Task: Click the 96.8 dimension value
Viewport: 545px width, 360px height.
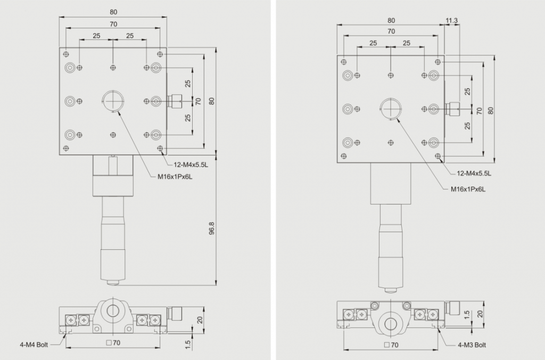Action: pyautogui.click(x=212, y=228)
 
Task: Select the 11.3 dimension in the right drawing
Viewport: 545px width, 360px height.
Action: pyautogui.click(x=451, y=21)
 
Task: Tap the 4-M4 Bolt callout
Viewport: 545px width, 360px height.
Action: pyautogui.click(x=34, y=345)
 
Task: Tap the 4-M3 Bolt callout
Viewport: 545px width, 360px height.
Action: pyautogui.click(x=472, y=345)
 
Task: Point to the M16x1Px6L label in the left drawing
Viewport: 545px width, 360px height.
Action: pyautogui.click(x=175, y=177)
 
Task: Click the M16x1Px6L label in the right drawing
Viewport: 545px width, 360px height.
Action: pyautogui.click(x=468, y=189)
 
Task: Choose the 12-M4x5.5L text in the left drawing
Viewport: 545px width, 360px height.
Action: pyautogui.click(x=191, y=165)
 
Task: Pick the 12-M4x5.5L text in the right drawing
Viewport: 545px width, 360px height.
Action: pyautogui.click(x=474, y=173)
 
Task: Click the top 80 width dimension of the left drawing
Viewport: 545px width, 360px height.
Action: pyautogui.click(x=113, y=12)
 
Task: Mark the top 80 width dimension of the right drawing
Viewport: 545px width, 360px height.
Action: pyautogui.click(x=391, y=21)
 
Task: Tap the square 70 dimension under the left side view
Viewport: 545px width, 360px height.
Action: pyautogui.click(x=113, y=343)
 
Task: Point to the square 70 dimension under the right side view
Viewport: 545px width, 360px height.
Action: pyautogui.click(x=391, y=345)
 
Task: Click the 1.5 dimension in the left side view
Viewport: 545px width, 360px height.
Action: pyautogui.click(x=188, y=345)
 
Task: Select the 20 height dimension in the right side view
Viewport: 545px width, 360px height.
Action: pyautogui.click(x=480, y=314)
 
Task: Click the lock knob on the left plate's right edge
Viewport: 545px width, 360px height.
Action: pyautogui.click(x=175, y=101)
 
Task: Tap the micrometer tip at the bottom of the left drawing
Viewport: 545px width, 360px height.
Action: pyautogui.click(x=113, y=282)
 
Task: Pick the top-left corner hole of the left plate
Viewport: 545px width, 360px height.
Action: pyautogui.click(x=65, y=54)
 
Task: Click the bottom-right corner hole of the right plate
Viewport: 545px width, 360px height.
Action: pyautogui.click(x=437, y=156)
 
